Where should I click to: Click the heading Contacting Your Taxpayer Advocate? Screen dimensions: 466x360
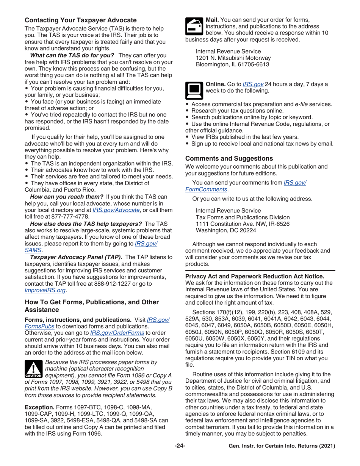[81, 20]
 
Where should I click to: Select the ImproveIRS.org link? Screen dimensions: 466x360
[45, 290]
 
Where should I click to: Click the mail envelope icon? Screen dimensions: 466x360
[194, 26]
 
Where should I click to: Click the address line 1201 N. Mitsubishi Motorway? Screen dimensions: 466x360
[233, 58]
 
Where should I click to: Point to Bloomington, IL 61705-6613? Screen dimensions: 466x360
[232, 64]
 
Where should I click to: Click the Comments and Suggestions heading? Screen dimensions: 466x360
[229, 158]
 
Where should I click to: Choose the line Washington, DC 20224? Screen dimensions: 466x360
[225, 230]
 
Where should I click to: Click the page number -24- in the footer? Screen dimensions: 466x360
[180, 446]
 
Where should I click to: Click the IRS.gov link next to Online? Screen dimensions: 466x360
[253, 84]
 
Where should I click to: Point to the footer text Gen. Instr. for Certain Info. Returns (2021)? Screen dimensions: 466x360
[282, 446]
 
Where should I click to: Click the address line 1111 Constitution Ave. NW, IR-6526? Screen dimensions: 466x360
[243, 224]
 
